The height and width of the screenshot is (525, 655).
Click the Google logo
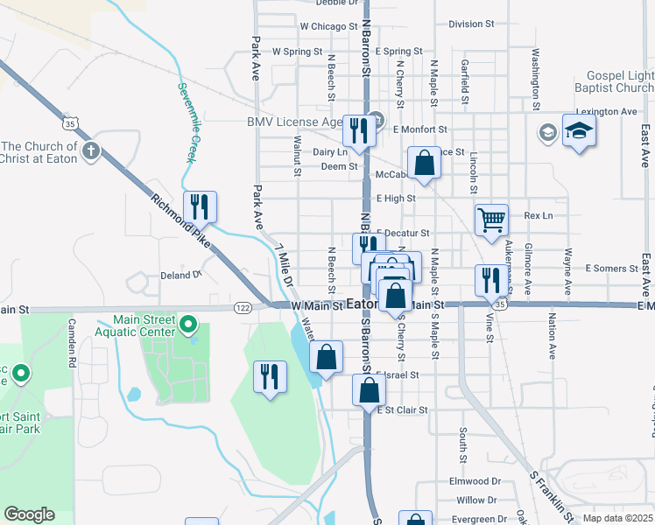pyautogui.click(x=29, y=514)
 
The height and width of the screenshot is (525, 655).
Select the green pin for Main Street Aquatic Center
pyautogui.click(x=187, y=326)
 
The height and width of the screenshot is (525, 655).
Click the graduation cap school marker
pyautogui.click(x=579, y=131)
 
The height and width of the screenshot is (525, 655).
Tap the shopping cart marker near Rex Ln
pyautogui.click(x=491, y=220)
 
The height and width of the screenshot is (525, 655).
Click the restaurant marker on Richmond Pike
pyautogui.click(x=201, y=206)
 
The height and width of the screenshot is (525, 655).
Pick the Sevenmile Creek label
pyautogui.click(x=187, y=122)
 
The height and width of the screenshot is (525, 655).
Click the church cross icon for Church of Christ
pyautogui.click(x=90, y=152)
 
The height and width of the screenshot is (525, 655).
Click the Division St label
pyautogui.click(x=471, y=24)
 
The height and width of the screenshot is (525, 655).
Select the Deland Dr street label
pyautogui.click(x=181, y=275)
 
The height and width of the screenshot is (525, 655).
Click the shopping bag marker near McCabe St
pyautogui.click(x=424, y=164)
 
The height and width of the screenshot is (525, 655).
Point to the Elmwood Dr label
pyautogui.click(x=474, y=481)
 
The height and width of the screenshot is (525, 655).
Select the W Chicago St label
pyautogui.click(x=323, y=27)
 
